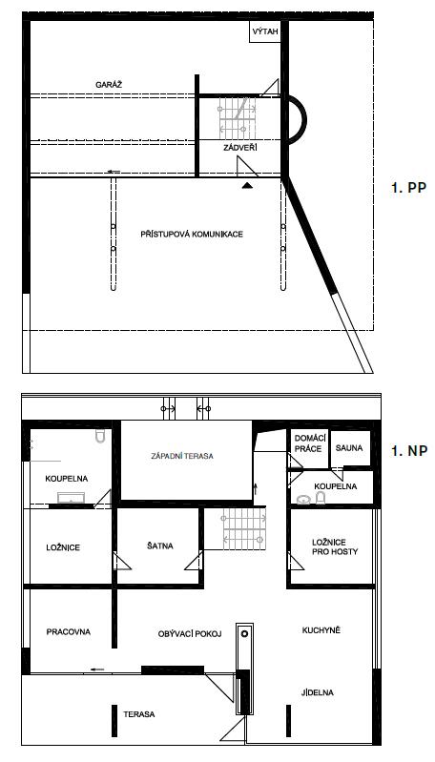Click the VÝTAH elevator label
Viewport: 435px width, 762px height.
point(265,32)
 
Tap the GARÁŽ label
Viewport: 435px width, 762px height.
point(109,85)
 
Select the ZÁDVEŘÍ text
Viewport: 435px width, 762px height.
point(240,148)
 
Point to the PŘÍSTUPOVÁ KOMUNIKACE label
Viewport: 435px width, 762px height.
point(192,235)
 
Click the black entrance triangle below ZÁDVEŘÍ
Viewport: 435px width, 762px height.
point(247,185)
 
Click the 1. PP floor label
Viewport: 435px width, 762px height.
point(408,188)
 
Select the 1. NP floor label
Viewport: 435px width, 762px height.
point(409,451)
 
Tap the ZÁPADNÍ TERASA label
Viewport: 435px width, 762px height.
point(182,456)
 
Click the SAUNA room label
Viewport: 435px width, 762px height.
point(349,448)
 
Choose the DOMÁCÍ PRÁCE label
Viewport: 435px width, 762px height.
point(308,443)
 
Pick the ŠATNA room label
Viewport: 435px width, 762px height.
point(160,546)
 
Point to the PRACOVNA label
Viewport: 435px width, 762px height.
point(69,631)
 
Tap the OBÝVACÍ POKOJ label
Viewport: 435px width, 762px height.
point(190,633)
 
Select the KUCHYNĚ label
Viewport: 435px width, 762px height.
point(321,630)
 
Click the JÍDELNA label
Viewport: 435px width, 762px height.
point(318,692)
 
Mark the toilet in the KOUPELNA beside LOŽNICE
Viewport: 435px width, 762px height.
point(100,437)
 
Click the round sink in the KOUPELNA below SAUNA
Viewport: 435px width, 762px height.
point(303,499)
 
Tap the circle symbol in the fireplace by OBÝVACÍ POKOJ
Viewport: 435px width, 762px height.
point(244,633)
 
